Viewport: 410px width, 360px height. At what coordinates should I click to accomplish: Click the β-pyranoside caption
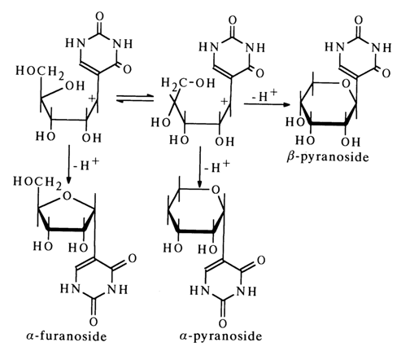328,157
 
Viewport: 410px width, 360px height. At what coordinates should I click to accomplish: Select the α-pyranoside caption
220,336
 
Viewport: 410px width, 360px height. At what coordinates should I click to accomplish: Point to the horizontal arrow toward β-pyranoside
266,104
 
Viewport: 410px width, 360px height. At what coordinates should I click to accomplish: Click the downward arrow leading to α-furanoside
69,164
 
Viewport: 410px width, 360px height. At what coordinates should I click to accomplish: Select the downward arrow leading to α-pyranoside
200,167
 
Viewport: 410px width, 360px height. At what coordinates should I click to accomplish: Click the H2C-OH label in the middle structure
188,82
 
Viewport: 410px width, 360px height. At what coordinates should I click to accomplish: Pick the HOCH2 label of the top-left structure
40,72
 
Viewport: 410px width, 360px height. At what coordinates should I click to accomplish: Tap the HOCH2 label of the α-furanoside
37,182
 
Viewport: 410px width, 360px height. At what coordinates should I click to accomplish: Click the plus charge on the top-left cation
93,99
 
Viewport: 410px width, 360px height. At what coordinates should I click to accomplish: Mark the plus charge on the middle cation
225,102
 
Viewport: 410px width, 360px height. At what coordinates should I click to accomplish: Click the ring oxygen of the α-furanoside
67,195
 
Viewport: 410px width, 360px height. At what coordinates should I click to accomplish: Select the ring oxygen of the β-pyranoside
346,84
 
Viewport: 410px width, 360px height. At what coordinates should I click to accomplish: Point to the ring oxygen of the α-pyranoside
216,190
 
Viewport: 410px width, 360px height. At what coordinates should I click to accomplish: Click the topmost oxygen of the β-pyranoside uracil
359,20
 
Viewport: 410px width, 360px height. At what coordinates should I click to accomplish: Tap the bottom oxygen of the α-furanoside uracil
94,322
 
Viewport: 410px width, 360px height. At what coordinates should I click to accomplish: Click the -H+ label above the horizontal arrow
264,95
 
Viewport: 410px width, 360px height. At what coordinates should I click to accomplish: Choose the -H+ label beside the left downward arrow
86,164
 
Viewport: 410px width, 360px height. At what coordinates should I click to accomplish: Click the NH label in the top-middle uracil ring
255,48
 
